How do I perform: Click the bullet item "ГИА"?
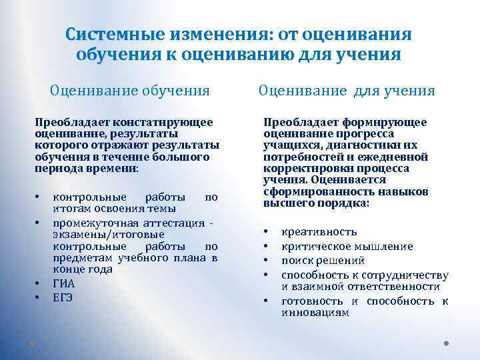(x=64, y=283)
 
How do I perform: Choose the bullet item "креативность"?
(x=319, y=232)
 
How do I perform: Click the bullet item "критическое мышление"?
(x=347, y=247)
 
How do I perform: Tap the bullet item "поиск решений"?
(x=323, y=260)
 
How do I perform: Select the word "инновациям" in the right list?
(x=315, y=312)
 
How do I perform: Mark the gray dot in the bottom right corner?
(x=446, y=344)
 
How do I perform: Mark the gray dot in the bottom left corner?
(x=32, y=344)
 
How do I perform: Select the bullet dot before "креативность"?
(x=266, y=232)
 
